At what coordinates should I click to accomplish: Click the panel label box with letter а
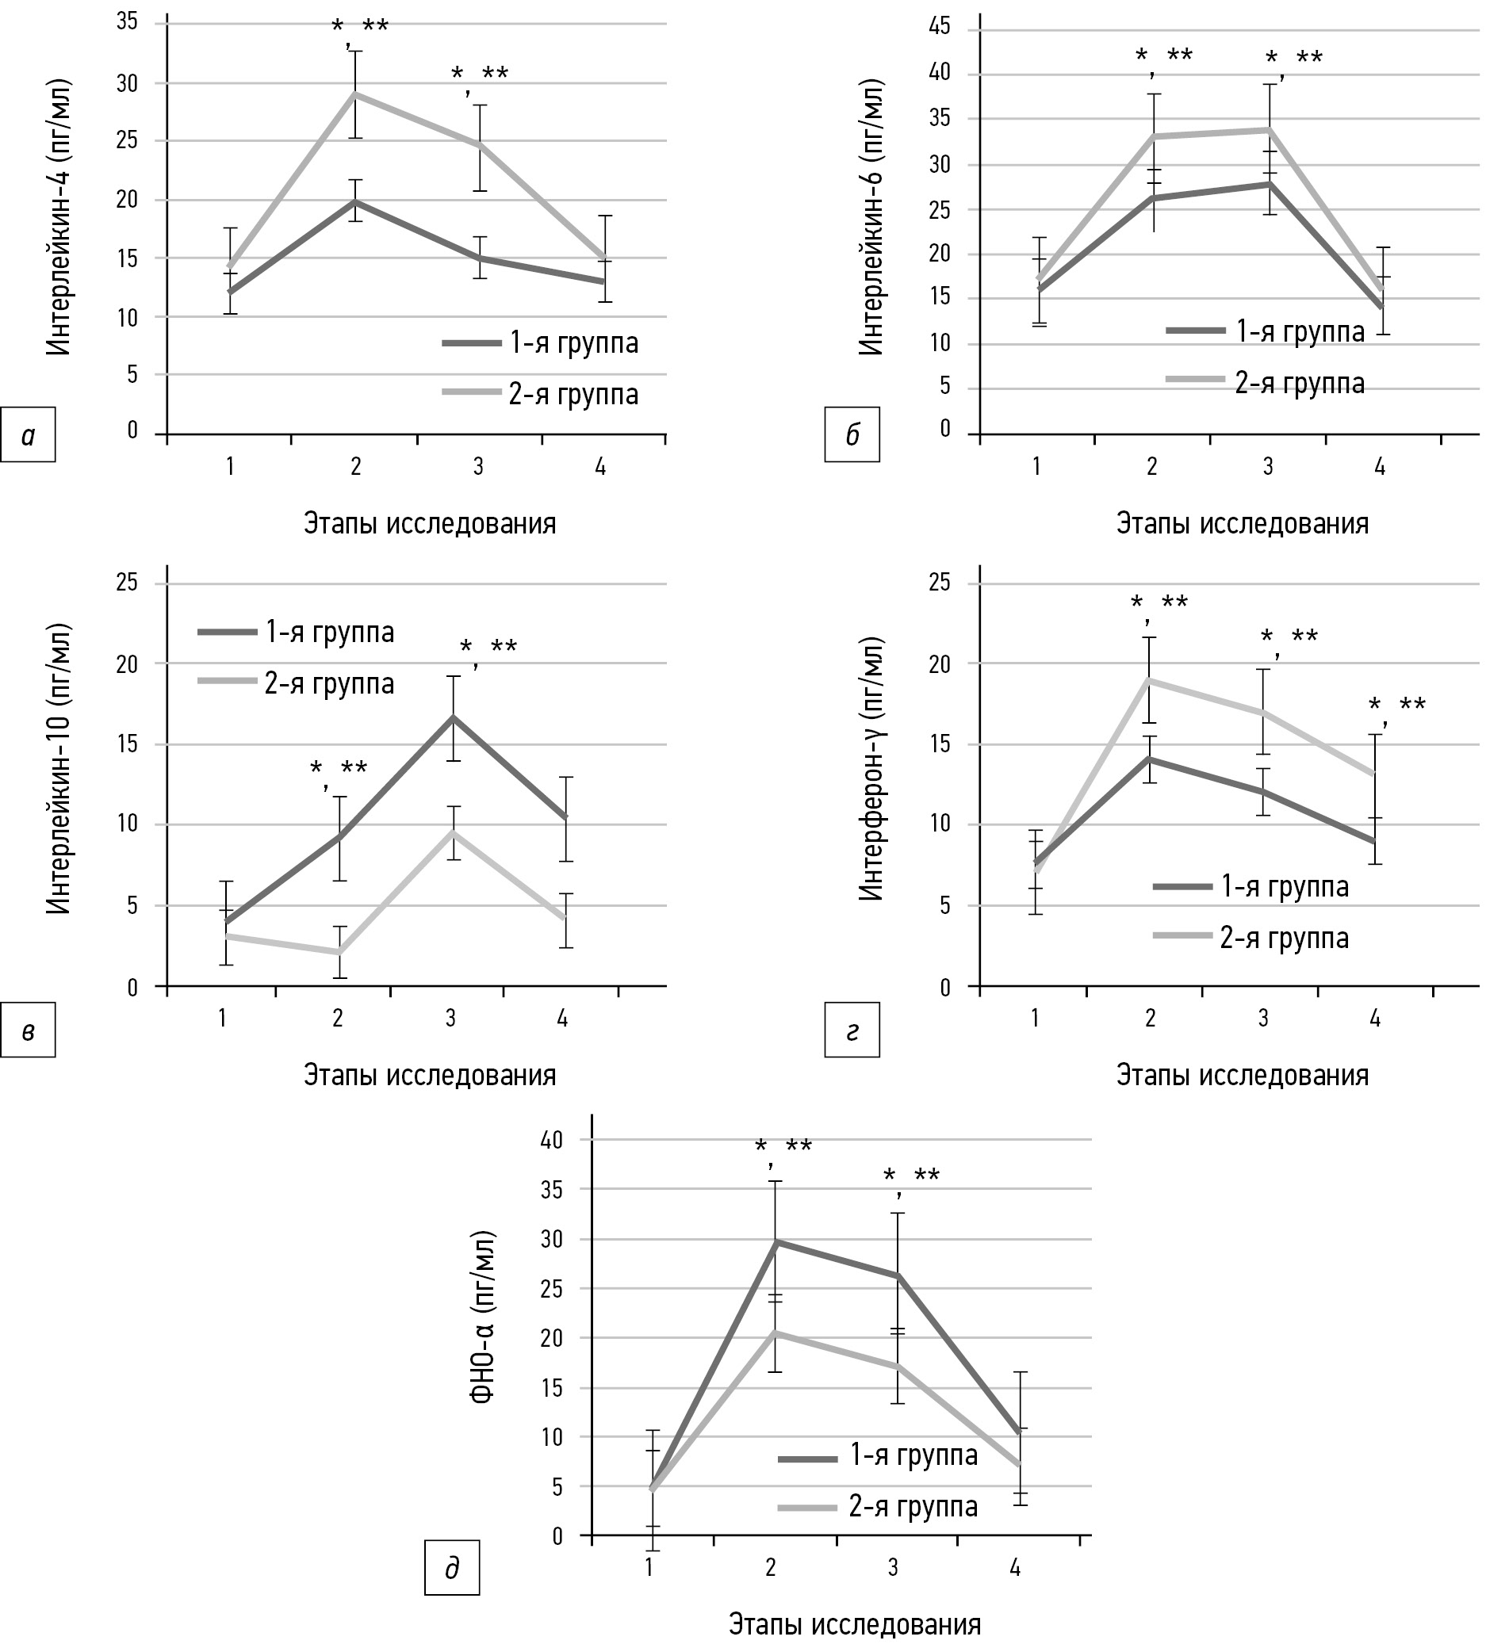point(28,435)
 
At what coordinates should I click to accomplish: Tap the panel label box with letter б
point(852,435)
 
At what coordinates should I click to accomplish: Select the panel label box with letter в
point(28,1030)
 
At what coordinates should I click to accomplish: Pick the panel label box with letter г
point(852,1030)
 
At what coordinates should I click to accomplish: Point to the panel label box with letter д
point(451,1568)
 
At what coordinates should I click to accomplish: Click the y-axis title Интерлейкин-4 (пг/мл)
point(59,217)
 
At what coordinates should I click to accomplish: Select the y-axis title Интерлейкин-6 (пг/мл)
point(872,217)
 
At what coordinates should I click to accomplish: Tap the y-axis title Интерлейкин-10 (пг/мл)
point(59,768)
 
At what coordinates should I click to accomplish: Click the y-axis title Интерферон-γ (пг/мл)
point(872,768)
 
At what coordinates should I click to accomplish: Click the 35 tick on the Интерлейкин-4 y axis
point(127,22)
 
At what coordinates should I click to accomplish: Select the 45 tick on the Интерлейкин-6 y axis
point(940,28)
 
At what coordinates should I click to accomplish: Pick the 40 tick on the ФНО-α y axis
point(552,1141)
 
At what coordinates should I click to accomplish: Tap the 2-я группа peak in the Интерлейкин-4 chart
point(355,94)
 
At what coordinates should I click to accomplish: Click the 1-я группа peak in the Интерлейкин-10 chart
point(453,717)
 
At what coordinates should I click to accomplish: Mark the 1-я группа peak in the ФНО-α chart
point(776,1241)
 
